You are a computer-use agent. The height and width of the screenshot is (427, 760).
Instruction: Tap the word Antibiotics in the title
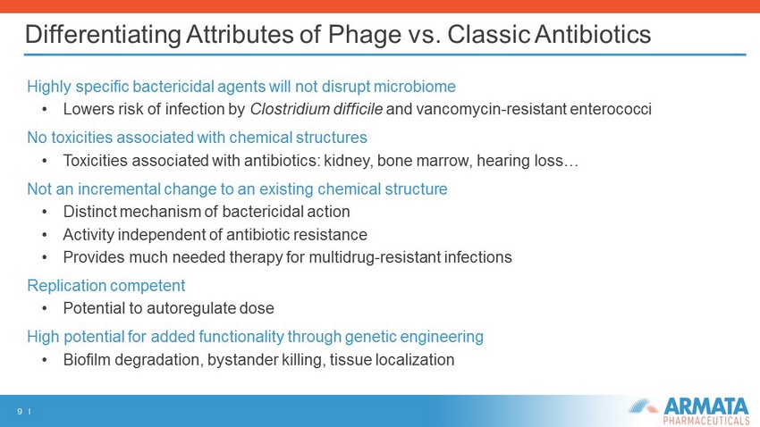pyautogui.click(x=594, y=34)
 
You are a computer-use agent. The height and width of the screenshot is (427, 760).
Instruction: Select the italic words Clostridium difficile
pyautogui.click(x=316, y=109)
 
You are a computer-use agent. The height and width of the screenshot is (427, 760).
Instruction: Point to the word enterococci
pyautogui.click(x=611, y=109)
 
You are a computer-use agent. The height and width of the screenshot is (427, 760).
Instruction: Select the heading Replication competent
pyautogui.click(x=106, y=286)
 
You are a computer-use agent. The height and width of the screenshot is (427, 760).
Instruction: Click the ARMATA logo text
pyautogui.click(x=706, y=406)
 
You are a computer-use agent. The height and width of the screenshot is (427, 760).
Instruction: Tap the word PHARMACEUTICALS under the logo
pyautogui.click(x=706, y=420)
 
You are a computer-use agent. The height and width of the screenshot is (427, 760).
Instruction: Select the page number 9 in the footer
pyautogui.click(x=20, y=412)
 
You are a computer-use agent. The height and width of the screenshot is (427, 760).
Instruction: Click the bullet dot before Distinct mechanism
pyautogui.click(x=45, y=212)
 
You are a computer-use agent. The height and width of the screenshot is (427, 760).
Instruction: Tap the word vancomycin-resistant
pyautogui.click(x=491, y=109)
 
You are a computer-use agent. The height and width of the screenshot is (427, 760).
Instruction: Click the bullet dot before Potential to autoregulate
pyautogui.click(x=45, y=308)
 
